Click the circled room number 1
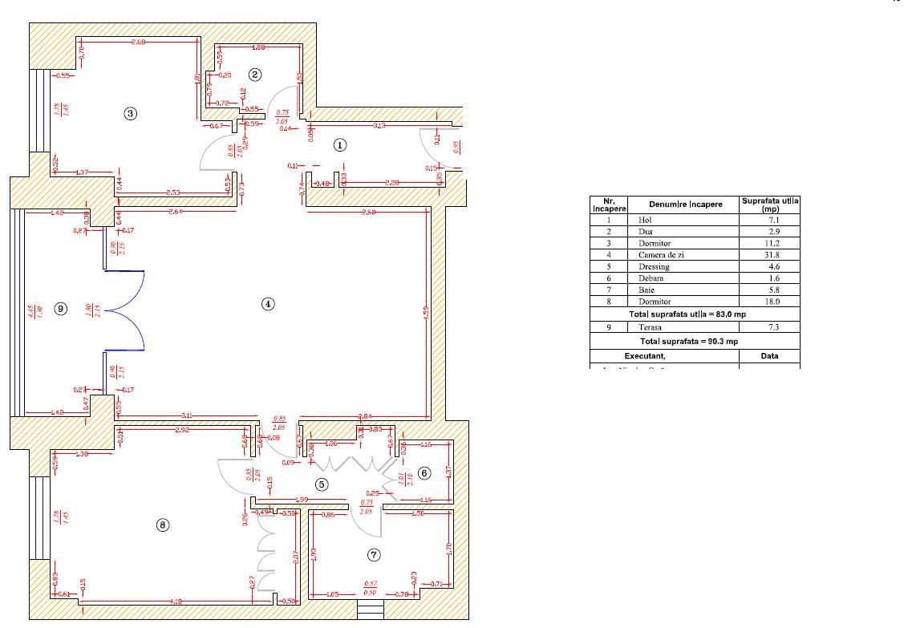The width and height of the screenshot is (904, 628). tap(339, 145)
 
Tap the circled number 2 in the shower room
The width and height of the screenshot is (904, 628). tap(255, 75)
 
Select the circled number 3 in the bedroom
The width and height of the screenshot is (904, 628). tap(131, 113)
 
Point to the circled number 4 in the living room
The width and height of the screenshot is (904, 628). tap(268, 303)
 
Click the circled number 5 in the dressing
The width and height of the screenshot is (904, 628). tap(321, 484)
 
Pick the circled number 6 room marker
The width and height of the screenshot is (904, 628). tap(424, 473)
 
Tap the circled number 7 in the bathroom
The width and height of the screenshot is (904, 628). tap(373, 554)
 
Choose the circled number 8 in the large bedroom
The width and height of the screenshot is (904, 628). tap(163, 525)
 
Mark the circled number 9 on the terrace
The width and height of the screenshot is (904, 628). tap(59, 308)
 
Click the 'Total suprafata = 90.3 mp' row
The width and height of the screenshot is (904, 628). tap(695, 342)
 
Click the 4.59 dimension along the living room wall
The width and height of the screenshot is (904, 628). tap(427, 310)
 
